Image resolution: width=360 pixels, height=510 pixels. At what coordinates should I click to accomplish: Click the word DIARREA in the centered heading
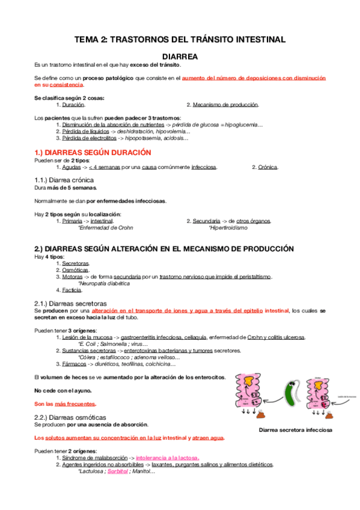pyautogui.click(x=180, y=55)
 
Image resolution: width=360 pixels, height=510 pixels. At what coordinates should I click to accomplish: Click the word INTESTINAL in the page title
pyautogui.click(x=255, y=40)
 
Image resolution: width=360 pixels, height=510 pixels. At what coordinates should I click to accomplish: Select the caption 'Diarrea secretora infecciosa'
pyautogui.click(x=296, y=431)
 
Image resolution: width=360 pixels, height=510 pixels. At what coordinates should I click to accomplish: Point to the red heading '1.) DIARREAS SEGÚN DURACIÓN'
pyautogui.click(x=93, y=153)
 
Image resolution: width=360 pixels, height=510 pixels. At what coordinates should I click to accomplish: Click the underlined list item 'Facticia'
pyautogui.click(x=73, y=290)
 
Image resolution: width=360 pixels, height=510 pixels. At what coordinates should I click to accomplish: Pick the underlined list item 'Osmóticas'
pyautogui.click(x=75, y=270)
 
